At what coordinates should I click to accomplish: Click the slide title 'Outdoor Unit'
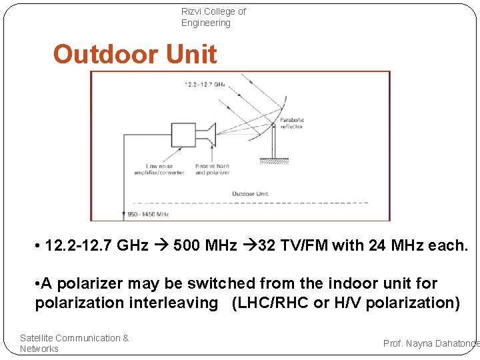(x=135, y=54)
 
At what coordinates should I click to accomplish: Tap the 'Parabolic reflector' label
(x=292, y=123)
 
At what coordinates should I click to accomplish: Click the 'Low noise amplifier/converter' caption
(x=164, y=169)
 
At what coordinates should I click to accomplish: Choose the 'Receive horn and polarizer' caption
(x=212, y=169)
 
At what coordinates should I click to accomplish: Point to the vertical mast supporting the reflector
(x=273, y=143)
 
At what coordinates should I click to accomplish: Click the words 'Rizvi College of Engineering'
(x=213, y=17)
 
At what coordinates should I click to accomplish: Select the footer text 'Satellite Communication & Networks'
(x=74, y=343)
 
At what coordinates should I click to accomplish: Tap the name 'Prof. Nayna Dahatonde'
(x=431, y=343)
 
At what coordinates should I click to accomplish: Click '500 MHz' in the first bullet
(x=205, y=245)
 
